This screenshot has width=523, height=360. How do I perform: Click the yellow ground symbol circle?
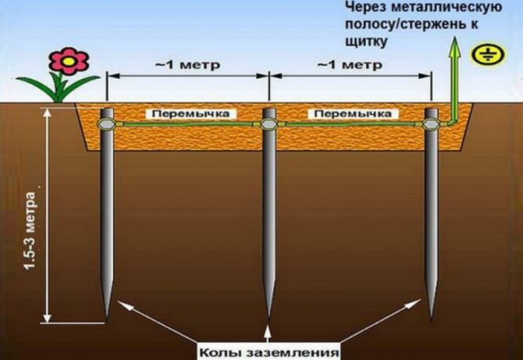point(488,55)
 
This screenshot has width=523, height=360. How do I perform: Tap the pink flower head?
point(69,61)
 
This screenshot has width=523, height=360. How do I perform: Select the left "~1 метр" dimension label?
point(188,64)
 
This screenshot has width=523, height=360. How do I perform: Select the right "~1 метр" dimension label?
point(350,64)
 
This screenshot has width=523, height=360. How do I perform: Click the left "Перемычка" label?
point(190,114)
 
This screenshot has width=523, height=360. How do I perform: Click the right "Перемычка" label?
point(353,114)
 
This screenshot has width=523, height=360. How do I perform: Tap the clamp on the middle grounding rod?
point(269,124)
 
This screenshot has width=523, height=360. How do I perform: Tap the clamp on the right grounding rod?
point(431,124)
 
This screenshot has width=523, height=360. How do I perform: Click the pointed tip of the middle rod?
point(269,319)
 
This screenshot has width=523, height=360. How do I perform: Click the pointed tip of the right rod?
point(431,320)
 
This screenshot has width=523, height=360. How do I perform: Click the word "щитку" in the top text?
point(366,41)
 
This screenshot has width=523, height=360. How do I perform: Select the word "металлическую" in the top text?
point(447,7)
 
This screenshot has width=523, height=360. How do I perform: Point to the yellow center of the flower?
point(69,61)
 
